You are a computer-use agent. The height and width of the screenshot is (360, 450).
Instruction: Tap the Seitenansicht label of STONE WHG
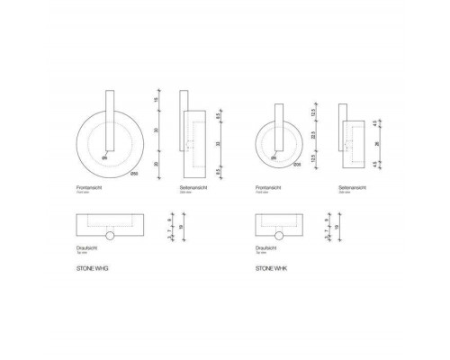click(x=194, y=187)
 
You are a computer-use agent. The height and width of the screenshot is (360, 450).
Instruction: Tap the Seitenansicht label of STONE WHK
click(x=352, y=187)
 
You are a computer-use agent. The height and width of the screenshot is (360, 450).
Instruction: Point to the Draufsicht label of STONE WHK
click(x=267, y=245)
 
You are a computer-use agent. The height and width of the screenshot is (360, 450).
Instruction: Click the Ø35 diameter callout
click(x=297, y=162)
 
